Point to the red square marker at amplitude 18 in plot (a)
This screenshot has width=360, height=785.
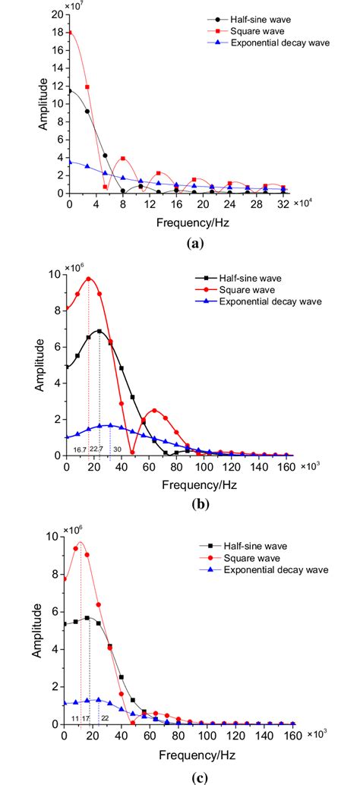click(70, 33)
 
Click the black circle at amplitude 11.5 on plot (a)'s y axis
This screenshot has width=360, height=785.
click(70, 91)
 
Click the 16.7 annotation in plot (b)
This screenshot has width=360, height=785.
click(79, 449)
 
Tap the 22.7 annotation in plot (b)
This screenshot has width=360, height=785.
click(96, 449)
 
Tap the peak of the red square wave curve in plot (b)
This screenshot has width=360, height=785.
click(89, 279)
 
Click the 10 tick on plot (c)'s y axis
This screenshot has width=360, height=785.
click(58, 536)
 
